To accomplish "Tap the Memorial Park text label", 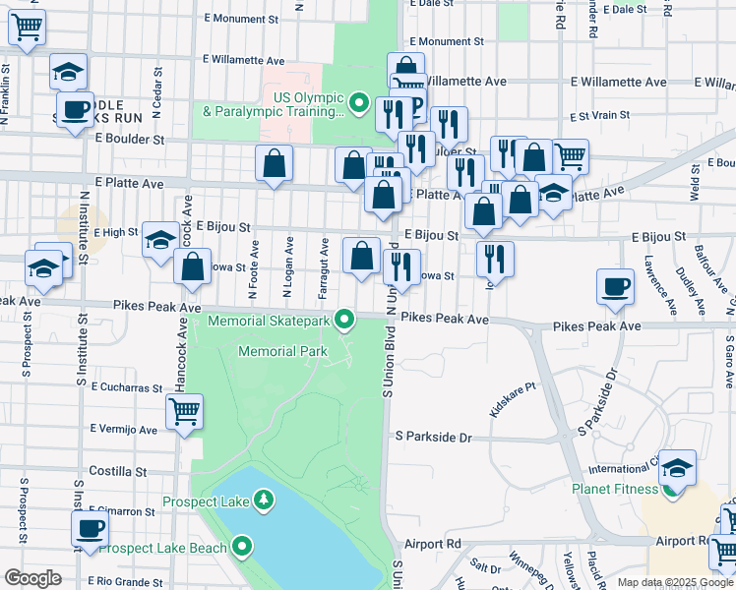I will click(281, 351).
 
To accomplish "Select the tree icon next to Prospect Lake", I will click(263, 501).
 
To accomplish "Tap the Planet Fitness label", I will click(616, 489).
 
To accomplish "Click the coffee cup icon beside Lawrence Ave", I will click(615, 286).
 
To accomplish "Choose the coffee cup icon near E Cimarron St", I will click(90, 528).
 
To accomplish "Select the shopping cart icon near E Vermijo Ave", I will click(183, 412).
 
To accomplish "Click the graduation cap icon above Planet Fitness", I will click(677, 468).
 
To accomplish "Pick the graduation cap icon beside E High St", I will click(160, 240).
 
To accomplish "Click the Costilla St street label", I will click(117, 471).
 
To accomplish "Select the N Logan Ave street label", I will click(287, 267).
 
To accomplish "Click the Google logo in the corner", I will click(33, 578).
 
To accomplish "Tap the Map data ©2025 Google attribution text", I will click(675, 582).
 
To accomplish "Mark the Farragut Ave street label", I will click(323, 267).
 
